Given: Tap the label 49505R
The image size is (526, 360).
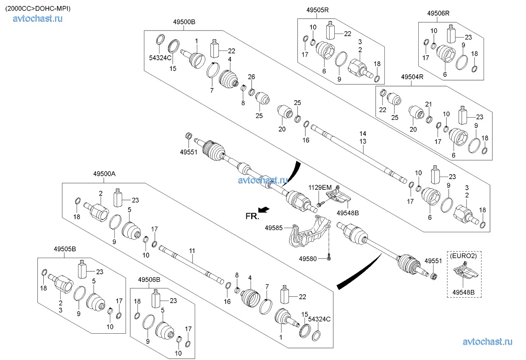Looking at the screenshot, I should tap(318, 10).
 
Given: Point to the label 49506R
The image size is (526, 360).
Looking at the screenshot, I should tap(438, 13).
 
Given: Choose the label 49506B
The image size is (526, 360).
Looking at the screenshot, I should tap(149, 279).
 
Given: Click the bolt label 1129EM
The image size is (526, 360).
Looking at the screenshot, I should tap(320, 187).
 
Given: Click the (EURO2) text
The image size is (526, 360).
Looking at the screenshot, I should tap(463, 256).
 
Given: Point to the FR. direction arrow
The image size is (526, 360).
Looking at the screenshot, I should tap(264, 208).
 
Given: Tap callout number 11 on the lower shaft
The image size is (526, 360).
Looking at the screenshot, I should tap(192, 251).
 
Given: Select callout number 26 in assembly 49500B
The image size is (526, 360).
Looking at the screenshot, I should tap(251, 77).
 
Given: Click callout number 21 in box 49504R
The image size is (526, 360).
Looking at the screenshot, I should tap(428, 104).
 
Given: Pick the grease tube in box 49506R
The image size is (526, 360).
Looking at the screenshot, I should tap(451, 33).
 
